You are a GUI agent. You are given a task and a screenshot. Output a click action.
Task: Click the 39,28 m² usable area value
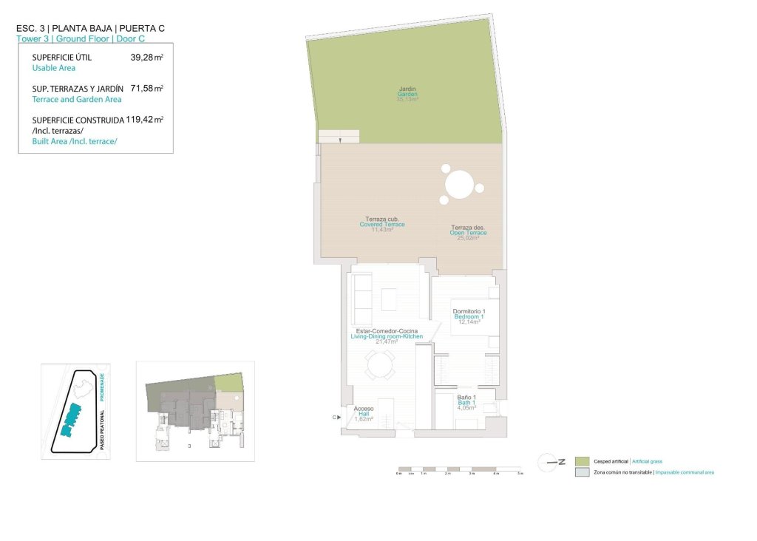(x=146, y=57)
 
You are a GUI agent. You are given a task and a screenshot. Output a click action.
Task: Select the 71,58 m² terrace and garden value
(x=146, y=88)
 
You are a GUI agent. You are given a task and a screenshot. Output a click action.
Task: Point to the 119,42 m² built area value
(x=145, y=119)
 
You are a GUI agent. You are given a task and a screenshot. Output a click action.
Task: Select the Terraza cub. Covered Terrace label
(x=382, y=225)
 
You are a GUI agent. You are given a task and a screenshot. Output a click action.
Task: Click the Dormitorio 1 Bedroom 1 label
(x=468, y=316)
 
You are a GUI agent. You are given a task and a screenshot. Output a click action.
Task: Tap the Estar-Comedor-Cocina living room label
(x=387, y=336)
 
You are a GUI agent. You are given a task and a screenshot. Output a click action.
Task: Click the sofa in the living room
(x=361, y=293)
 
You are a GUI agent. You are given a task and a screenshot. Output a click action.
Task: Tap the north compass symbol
(x=550, y=462)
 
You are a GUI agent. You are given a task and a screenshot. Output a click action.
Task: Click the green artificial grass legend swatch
(x=582, y=461)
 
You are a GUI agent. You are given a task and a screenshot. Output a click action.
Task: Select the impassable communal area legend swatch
(x=582, y=472)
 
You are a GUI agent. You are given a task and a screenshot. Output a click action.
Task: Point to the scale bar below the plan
(x=459, y=469)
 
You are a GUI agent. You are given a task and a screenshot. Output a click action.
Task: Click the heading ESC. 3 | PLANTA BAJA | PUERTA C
(x=90, y=28)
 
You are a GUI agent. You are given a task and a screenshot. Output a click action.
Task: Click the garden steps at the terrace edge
(x=339, y=135)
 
